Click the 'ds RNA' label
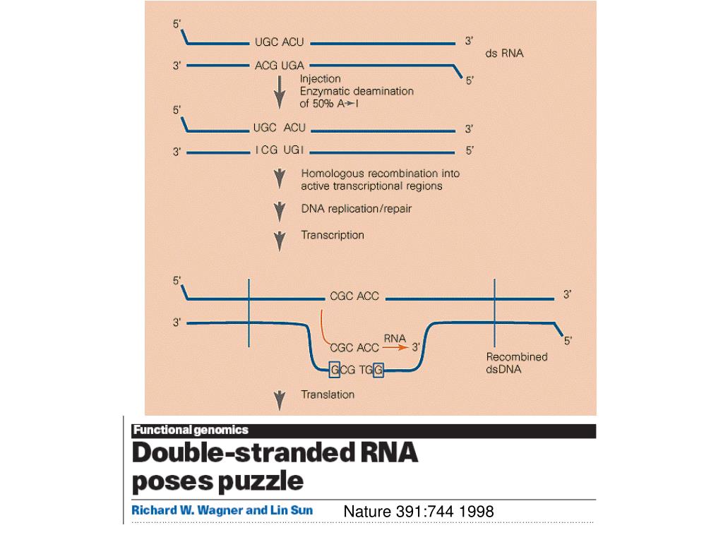(504, 53)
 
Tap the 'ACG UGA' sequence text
(279, 66)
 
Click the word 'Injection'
(321, 79)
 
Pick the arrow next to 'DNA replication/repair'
(280, 209)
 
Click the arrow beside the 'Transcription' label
(280, 239)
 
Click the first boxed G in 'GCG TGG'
(335, 370)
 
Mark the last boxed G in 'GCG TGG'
(378, 370)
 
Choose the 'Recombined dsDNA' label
(517, 363)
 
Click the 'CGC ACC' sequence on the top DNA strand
(354, 296)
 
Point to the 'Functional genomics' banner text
(191, 430)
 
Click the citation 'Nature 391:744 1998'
(419, 511)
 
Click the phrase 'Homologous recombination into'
(380, 173)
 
